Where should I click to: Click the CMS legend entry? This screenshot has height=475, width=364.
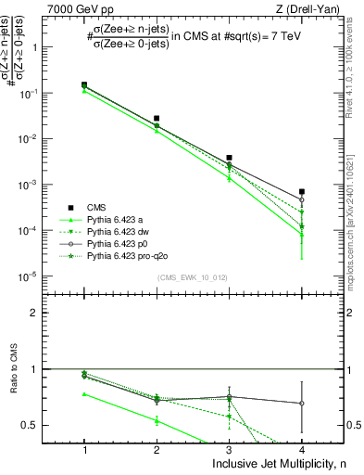[x=95, y=207]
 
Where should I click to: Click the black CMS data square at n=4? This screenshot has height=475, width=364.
[x=302, y=192]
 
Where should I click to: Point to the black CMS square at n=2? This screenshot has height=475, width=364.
[x=157, y=119]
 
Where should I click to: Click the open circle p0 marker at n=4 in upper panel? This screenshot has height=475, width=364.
[x=302, y=199]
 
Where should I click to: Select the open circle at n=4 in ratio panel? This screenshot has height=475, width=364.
[x=302, y=404]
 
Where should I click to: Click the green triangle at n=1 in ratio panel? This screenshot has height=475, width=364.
[x=84, y=394]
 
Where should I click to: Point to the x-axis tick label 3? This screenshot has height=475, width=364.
[x=230, y=450]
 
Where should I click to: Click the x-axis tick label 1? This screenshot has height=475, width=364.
[x=84, y=450]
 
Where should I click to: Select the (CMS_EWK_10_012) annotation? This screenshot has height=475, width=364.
[x=193, y=278]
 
